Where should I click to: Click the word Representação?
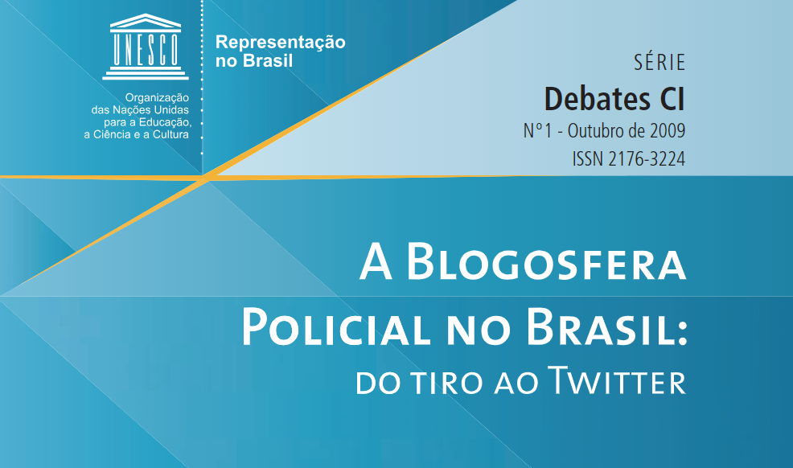pyautogui.click(x=281, y=43)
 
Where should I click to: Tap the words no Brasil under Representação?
pyautogui.click(x=254, y=61)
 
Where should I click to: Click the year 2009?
pyautogui.click(x=664, y=129)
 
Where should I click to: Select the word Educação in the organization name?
pyautogui.click(x=165, y=122)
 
